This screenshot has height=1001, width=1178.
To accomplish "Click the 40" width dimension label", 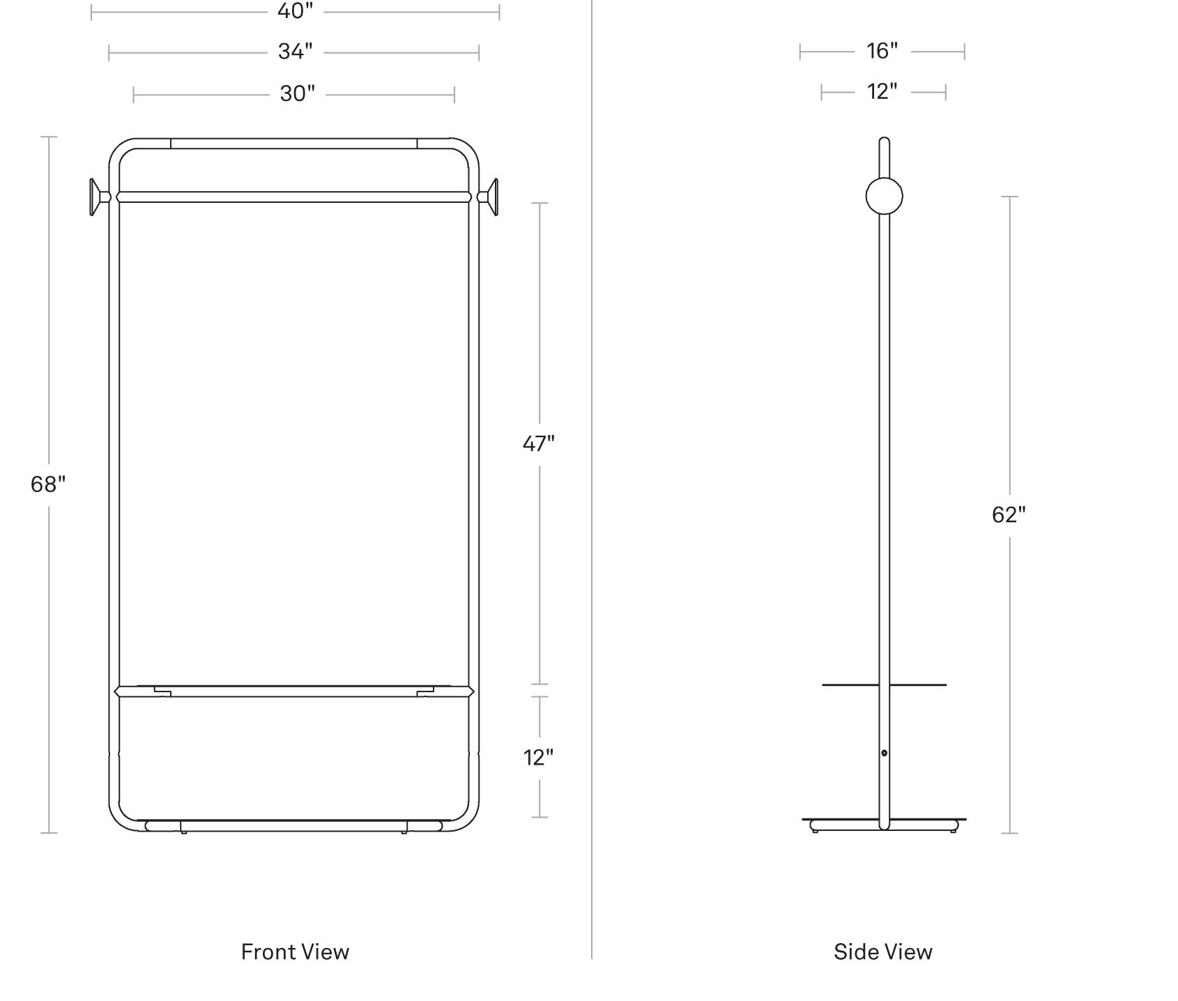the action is tap(295, 11).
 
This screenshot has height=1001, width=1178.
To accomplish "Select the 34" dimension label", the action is tap(295, 52).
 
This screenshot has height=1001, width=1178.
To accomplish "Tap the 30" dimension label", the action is tap(298, 93).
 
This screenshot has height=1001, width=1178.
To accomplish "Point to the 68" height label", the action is tap(48, 484).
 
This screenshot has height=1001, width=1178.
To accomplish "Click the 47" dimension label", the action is tap(539, 443).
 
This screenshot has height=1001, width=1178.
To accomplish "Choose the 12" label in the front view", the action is tap(539, 757).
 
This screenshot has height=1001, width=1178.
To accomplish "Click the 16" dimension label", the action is tap(882, 51).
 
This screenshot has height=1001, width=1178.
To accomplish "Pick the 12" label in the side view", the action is tap(882, 91).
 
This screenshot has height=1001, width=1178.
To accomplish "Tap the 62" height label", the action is tap(1009, 514).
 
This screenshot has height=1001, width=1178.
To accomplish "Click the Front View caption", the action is tap(295, 952).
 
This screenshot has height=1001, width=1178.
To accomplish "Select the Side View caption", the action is tap(882, 952).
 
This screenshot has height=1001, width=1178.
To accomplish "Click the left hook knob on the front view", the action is tap(99, 197).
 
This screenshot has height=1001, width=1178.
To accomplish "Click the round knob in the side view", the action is tap(884, 196).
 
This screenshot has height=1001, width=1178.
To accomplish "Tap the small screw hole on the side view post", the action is tap(884, 753).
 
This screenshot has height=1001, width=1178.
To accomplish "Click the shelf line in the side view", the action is tap(884, 685).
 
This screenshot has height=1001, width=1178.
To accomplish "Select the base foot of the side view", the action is tap(884, 825).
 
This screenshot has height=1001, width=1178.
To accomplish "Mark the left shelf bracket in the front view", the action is tap(162, 692).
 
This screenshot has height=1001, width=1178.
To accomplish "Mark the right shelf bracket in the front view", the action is tap(425, 692).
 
